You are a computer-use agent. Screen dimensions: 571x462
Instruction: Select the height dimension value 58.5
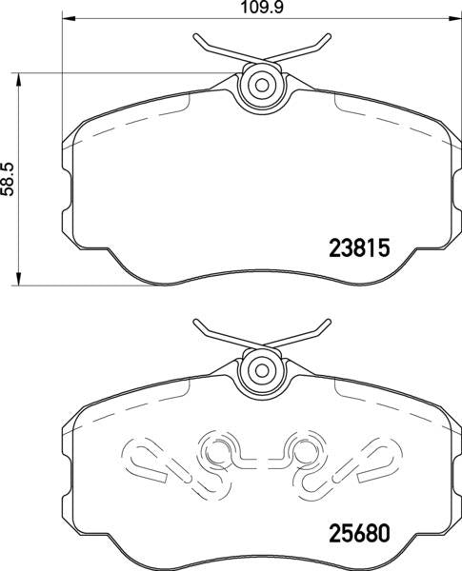tap(8, 177)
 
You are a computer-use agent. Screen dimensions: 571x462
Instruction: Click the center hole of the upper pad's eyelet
tap(257, 85)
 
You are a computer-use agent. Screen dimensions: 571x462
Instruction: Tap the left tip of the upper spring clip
tap(194, 37)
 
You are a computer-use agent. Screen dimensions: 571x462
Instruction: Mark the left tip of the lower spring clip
tap(194, 322)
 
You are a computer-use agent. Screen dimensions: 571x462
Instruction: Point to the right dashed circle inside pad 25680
tap(303, 449)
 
